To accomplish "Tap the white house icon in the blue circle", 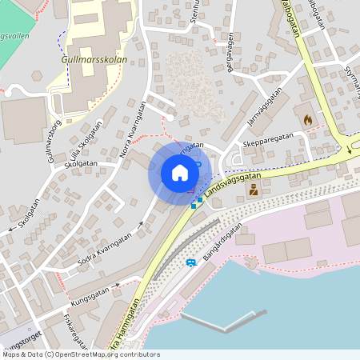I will (179, 173).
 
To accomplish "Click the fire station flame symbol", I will (308, 119).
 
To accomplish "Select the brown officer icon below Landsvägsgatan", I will (254, 190).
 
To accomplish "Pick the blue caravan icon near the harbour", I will (191, 262).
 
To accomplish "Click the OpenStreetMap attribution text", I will (80, 354).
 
